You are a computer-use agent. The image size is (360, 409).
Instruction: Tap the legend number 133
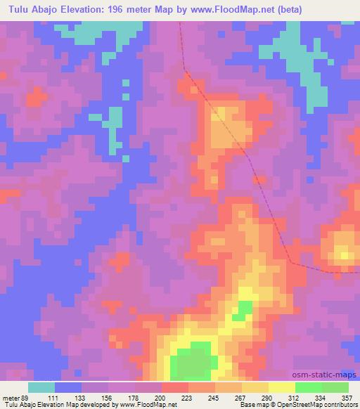point(83,397)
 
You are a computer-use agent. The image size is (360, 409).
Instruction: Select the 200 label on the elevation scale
point(163,397)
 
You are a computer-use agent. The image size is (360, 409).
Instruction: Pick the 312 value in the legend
point(296,397)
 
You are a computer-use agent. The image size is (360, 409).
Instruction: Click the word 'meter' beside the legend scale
point(9,397)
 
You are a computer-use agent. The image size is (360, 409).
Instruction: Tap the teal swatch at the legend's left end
point(41,387)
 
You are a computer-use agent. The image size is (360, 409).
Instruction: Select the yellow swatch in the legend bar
point(282,387)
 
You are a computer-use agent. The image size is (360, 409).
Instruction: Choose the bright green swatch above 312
point(309,387)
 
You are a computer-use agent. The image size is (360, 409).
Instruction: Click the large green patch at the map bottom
point(191,362)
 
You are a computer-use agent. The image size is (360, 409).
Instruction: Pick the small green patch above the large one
point(244,310)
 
